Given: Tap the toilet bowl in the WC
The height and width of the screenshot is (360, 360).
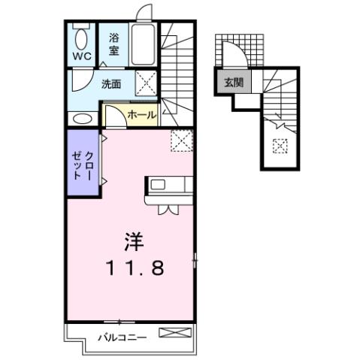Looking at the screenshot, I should pyautogui.click(x=81, y=38).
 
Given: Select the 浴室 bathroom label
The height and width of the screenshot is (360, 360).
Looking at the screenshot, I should pyautogui.click(x=113, y=44).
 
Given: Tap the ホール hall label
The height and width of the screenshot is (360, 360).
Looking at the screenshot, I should pyautogui.click(x=141, y=115).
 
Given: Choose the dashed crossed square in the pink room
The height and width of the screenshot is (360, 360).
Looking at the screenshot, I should pyautogui.click(x=182, y=140).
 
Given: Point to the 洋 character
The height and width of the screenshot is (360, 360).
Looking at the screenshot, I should pyautogui.click(x=133, y=243).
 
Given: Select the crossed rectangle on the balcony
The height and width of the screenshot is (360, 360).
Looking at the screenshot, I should pyautogui.click(x=177, y=331).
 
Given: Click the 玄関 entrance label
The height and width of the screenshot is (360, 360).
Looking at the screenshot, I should pyautogui.click(x=232, y=83).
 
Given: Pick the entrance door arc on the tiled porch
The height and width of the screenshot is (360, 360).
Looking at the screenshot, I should pyautogui.click(x=234, y=55).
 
